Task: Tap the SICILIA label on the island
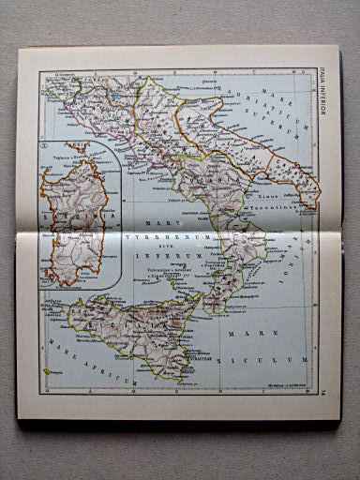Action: [131, 323]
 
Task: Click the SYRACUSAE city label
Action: [197, 357]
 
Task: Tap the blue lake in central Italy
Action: [113, 95]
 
